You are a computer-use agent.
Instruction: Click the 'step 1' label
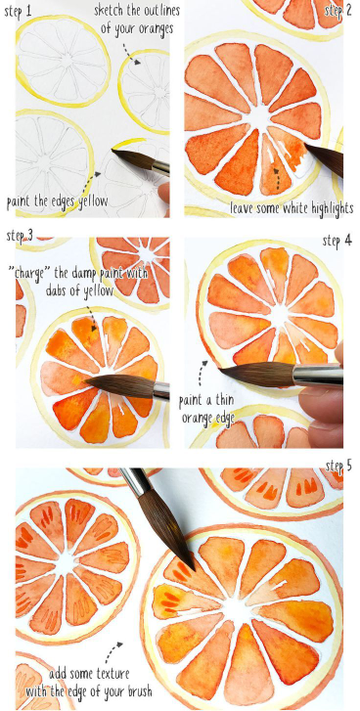pos(19,11)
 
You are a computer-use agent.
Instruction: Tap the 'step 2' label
pos(338,11)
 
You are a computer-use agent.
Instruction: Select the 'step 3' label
pos(20,236)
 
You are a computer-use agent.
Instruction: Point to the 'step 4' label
pos(337,241)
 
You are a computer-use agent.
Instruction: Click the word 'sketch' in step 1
pos(108,11)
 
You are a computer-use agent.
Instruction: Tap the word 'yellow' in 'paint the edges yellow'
pos(92,201)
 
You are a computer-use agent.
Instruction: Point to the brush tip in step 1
pos(112,151)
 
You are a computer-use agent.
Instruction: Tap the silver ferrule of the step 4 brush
pos(317,375)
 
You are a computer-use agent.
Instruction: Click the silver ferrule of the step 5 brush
pos(133,482)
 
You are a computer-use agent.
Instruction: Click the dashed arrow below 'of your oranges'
pos(132,52)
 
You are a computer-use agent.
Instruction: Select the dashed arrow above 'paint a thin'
pos(201,372)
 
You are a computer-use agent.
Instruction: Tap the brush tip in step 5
pos(194,568)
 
